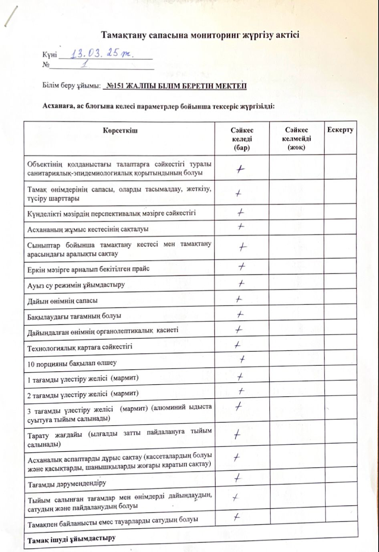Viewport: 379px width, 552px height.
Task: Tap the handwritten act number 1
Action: pyautogui.click(x=84, y=64)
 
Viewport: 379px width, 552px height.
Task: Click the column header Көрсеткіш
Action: pyautogui.click(x=120, y=131)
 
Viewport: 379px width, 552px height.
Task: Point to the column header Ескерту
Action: pyautogui.click(x=340, y=130)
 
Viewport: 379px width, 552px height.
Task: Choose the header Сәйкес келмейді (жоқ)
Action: pyautogui.click(x=296, y=139)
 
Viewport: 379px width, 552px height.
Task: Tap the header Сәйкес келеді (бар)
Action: pyautogui.click(x=242, y=139)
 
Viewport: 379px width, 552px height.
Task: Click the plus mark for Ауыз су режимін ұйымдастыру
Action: pyautogui.click(x=241, y=283)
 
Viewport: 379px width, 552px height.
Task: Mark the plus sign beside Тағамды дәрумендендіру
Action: pyautogui.click(x=238, y=478)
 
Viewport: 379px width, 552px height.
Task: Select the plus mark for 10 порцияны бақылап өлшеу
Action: pyautogui.click(x=242, y=359)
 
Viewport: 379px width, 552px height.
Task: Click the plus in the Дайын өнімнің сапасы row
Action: pyautogui.click(x=239, y=299)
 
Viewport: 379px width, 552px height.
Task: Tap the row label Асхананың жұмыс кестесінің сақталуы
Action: pyautogui.click(x=88, y=229)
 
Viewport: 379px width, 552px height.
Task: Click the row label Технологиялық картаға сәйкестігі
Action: pyautogui.click(x=80, y=347)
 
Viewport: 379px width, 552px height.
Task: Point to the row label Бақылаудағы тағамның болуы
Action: pyautogui.click(x=74, y=316)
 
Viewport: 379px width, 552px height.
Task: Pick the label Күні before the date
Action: pyautogui.click(x=50, y=55)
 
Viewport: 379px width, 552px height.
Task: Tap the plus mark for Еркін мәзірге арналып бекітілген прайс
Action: pyautogui.click(x=242, y=266)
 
